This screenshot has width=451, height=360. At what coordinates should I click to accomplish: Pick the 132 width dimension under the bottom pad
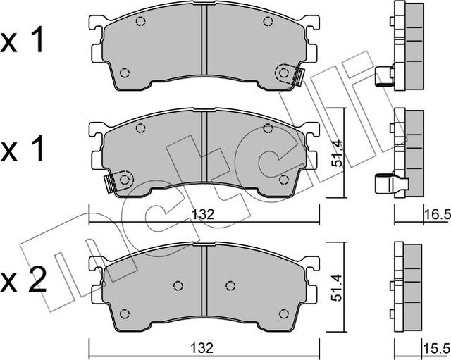click(204, 347)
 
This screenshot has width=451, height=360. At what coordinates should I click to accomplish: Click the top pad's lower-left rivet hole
click(125, 73)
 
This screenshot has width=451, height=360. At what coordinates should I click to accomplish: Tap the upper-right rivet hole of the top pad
click(268, 21)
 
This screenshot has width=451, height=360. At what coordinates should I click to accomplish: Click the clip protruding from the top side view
click(384, 75)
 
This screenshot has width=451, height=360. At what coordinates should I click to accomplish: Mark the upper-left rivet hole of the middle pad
click(140, 128)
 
